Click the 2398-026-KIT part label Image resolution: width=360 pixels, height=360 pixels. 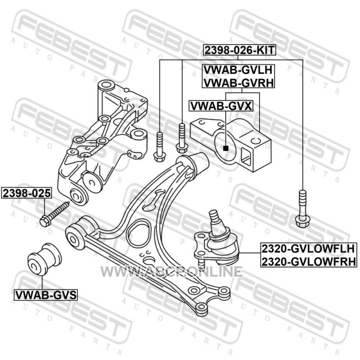click(x=239, y=50)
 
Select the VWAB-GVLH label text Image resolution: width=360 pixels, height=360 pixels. click(x=238, y=70)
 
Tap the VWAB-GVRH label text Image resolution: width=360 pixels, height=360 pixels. click(x=238, y=83)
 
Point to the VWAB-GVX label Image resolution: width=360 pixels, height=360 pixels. click(x=221, y=106)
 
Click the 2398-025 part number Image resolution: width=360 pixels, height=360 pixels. click(x=27, y=193)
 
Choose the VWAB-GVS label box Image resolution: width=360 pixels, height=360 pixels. click(x=46, y=295)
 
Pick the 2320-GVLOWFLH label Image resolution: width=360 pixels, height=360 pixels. click(x=308, y=249)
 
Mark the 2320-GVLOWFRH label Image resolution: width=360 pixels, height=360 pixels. click(x=309, y=261)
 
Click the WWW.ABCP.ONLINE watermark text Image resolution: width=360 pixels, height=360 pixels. click(x=171, y=272)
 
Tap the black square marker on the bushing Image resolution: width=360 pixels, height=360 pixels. click(x=226, y=148)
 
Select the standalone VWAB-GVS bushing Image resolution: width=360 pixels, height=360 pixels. click(x=44, y=259)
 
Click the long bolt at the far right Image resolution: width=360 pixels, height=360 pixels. click(x=303, y=208)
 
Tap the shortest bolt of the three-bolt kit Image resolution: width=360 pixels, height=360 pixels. click(x=159, y=147)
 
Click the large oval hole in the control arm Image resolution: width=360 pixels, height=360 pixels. click(x=139, y=234)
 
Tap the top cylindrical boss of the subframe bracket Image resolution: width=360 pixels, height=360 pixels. click(x=106, y=85)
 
